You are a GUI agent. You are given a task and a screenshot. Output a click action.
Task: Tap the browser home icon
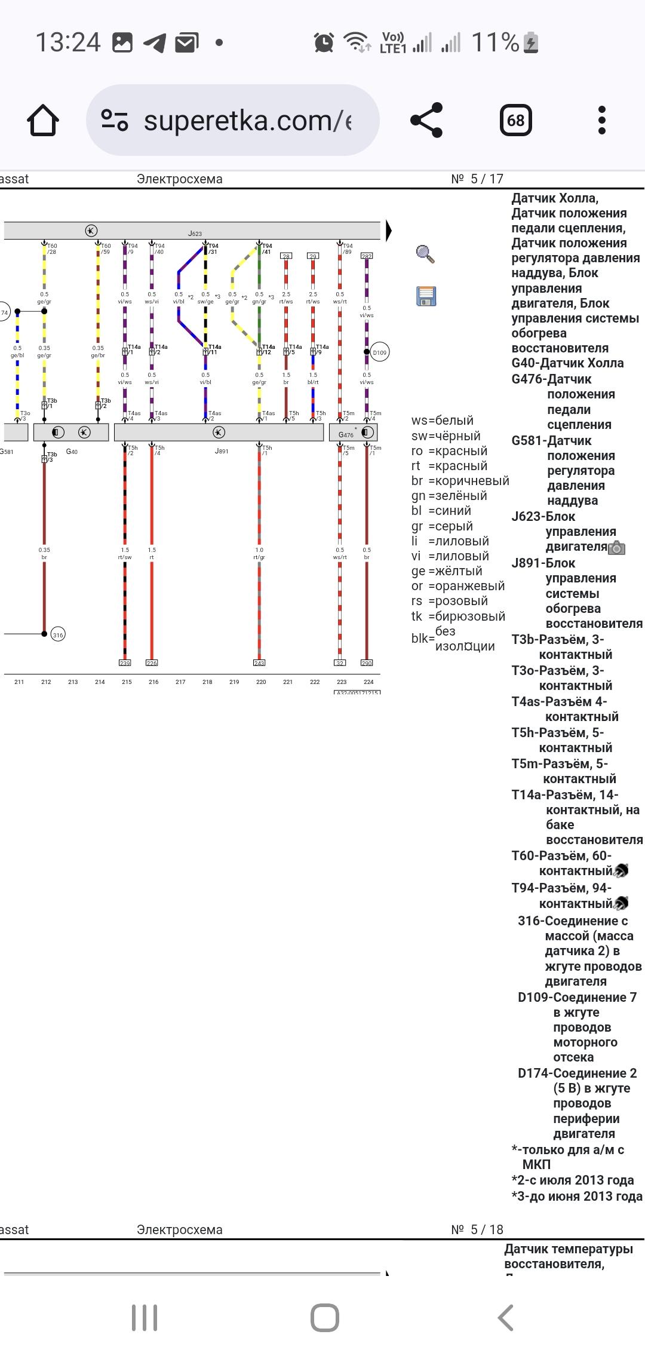click(x=43, y=120)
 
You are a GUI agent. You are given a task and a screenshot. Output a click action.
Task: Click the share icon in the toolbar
click(x=426, y=120)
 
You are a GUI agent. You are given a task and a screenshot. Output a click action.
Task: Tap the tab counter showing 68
click(x=515, y=120)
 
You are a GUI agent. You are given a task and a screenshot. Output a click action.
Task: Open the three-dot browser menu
click(x=601, y=120)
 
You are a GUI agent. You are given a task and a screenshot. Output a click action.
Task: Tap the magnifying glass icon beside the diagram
click(x=425, y=254)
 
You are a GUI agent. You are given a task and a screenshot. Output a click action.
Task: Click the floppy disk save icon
click(x=426, y=296)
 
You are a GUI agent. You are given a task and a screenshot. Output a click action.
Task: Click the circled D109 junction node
click(x=379, y=352)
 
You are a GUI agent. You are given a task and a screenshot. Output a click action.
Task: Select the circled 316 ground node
click(x=58, y=634)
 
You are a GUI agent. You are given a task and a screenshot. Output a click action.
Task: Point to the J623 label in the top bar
click(x=195, y=234)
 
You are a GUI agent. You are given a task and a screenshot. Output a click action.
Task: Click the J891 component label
click(x=222, y=452)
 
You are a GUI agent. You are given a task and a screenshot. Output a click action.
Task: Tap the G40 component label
click(x=72, y=452)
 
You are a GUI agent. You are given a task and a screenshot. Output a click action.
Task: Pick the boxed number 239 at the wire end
click(x=125, y=663)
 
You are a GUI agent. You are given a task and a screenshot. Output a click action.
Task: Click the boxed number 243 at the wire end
click(x=259, y=663)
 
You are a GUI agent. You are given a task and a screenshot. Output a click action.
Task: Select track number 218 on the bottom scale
click(x=207, y=682)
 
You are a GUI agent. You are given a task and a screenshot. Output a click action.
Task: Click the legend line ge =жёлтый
click(x=447, y=571)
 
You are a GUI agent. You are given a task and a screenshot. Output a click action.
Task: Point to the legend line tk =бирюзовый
click(x=458, y=616)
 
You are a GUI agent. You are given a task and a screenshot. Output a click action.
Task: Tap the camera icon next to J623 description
click(x=616, y=548)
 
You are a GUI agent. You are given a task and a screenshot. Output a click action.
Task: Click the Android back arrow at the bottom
click(x=505, y=1317)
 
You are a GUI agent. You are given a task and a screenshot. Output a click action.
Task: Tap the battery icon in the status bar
click(x=531, y=42)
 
